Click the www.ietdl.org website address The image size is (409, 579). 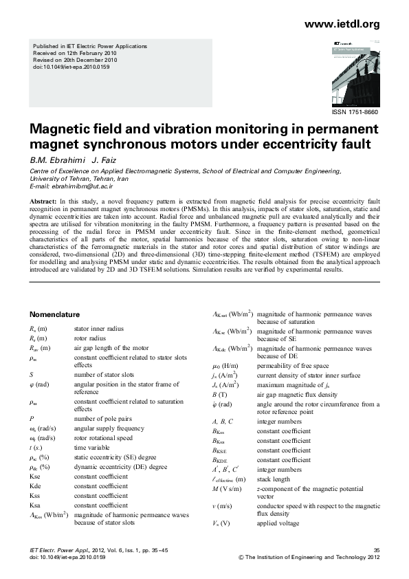tap(341, 24)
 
